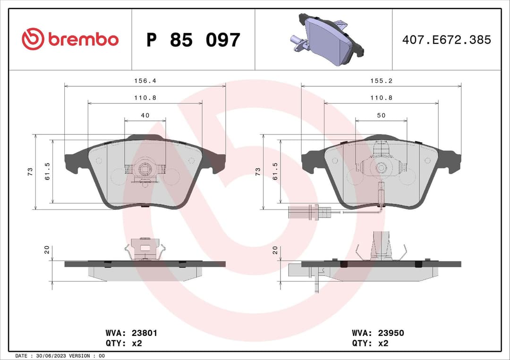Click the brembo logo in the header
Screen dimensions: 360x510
(70, 40)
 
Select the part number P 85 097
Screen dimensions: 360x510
(193, 40)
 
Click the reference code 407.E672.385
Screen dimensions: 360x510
(446, 40)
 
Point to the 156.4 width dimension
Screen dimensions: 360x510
(144, 81)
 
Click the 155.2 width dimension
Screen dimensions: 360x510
(381, 81)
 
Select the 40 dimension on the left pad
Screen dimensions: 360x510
(145, 115)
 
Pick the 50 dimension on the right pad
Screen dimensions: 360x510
(381, 115)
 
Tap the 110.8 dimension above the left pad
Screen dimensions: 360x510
(144, 98)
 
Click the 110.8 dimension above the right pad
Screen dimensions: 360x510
(381, 98)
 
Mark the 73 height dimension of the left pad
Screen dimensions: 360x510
(30, 171)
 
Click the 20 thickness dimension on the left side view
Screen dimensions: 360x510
(47, 250)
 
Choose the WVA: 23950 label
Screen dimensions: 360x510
(378, 333)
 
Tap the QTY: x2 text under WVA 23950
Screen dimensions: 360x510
(370, 343)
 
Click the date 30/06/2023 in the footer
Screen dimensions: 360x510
(49, 355)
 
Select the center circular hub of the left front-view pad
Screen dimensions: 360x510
(145, 168)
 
